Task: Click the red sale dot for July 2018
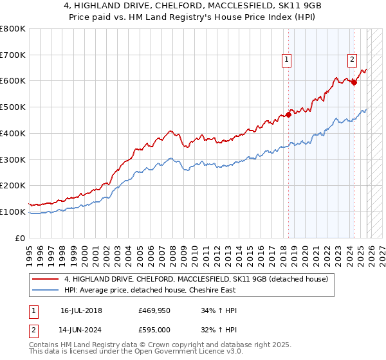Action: [289, 114]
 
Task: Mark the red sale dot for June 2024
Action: [354, 82]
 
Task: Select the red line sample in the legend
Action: [46, 279]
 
